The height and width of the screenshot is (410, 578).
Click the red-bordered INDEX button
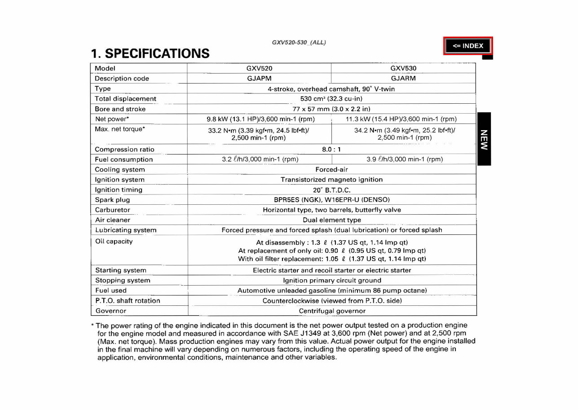point(468,46)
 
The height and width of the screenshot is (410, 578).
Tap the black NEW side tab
point(484,139)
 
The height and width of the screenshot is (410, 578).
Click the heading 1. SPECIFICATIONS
point(150,53)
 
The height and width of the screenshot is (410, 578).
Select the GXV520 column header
point(259,68)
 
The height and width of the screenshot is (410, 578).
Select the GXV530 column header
point(403,68)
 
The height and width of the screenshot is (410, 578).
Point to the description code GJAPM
point(259,78)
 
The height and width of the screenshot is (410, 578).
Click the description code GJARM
point(403,78)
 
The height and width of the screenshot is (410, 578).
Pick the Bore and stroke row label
point(120,109)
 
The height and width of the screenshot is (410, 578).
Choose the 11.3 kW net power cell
point(401,119)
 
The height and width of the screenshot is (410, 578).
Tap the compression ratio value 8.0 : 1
point(331,150)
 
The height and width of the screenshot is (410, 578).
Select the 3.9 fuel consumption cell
point(405,159)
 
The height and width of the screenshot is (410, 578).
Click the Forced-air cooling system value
point(331,170)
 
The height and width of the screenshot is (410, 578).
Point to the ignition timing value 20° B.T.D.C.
point(331,190)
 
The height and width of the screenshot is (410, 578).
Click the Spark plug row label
point(112,200)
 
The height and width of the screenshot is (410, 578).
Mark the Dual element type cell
point(331,220)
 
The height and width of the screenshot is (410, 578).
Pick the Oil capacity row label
point(114,242)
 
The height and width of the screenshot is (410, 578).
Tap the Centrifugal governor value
point(332,311)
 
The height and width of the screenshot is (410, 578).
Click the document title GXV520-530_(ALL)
point(299,43)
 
